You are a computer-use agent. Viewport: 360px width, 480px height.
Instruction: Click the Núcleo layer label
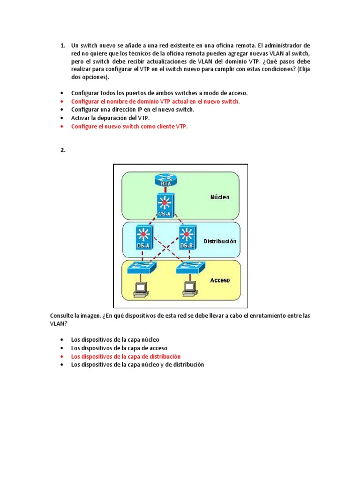pyautogui.click(x=219, y=197)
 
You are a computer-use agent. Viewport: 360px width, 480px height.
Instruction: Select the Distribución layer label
pyautogui.click(x=220, y=241)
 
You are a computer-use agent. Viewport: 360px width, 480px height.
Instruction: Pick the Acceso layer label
pyautogui.click(x=220, y=280)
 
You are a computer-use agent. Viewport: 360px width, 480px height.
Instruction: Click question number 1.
pyautogui.click(x=63, y=45)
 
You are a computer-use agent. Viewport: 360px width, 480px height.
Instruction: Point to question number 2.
pyautogui.click(x=63, y=150)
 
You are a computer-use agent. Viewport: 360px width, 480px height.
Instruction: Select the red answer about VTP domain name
pyautogui.click(x=155, y=101)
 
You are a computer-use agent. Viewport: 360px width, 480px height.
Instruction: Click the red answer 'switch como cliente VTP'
pyautogui.click(x=129, y=127)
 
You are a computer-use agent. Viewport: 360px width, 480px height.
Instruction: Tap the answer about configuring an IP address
pyautogui.click(x=132, y=110)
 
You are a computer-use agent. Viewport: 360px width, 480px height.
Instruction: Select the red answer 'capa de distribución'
pyautogui.click(x=126, y=356)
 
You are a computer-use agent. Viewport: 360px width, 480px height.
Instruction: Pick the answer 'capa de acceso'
pyautogui.click(x=119, y=348)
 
